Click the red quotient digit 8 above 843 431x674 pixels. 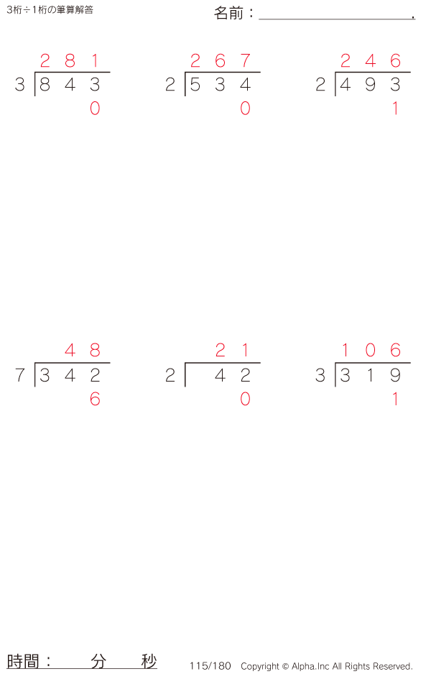pyautogui.click(x=70, y=60)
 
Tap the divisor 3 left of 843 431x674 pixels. pyautogui.click(x=20, y=85)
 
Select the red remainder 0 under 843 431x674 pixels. pyautogui.click(x=95, y=109)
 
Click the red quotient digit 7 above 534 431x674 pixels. pyautogui.click(x=246, y=60)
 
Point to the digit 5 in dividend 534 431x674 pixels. pyautogui.click(x=195, y=85)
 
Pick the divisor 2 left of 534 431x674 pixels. pyautogui.click(x=170, y=85)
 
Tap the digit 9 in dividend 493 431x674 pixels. pyautogui.click(x=371, y=85)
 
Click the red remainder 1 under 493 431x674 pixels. pyautogui.click(x=395, y=109)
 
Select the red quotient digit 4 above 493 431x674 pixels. pyautogui.click(x=371, y=60)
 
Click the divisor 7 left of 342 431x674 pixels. pyautogui.click(x=20, y=375)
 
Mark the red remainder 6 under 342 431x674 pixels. pyautogui.click(x=95, y=400)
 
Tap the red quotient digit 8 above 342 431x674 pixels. pyautogui.click(x=95, y=351)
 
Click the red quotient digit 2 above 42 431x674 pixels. pyautogui.click(x=221, y=351)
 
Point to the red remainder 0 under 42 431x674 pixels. pyautogui.click(x=246, y=400)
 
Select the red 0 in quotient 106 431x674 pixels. pyautogui.click(x=371, y=351)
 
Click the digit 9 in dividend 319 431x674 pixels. pyautogui.click(x=395, y=375)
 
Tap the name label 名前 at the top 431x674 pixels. pyautogui.click(x=228, y=14)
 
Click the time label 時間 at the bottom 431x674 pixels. pyautogui.click(x=23, y=661)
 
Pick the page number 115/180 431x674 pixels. pyautogui.click(x=210, y=666)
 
